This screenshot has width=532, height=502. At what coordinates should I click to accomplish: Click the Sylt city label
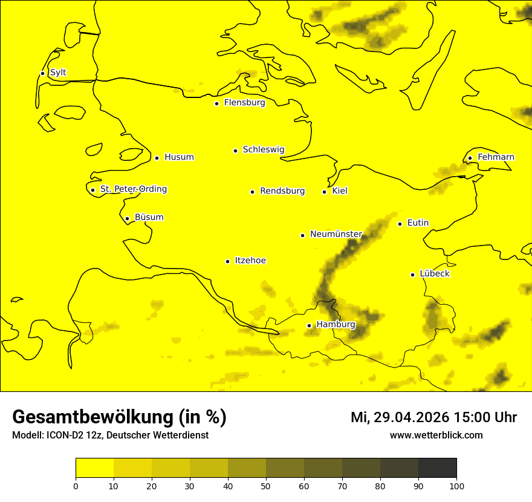[x=58, y=73]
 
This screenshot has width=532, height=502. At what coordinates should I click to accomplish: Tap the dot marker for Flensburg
[x=216, y=103]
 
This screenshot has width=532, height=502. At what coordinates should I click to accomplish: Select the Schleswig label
[x=263, y=149]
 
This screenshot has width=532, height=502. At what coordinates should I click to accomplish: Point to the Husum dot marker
[x=157, y=158]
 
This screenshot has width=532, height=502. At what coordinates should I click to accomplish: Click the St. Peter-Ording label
[x=133, y=189]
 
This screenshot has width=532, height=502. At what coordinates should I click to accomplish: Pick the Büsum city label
[x=149, y=217]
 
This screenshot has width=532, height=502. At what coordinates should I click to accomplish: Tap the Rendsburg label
[x=282, y=191]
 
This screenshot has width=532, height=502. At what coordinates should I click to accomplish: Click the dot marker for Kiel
[x=324, y=192]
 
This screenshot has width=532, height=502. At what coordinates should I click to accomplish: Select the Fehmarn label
[x=496, y=157]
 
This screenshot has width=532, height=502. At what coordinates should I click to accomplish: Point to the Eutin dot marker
[x=400, y=224]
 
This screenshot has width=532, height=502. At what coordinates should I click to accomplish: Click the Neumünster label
[x=336, y=234]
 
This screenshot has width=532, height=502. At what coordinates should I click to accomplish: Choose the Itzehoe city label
[x=250, y=261]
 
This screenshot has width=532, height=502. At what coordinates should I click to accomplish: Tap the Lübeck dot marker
[x=413, y=275]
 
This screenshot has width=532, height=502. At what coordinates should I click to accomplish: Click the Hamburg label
[x=336, y=325]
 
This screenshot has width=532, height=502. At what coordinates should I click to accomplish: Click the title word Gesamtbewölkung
[x=94, y=417]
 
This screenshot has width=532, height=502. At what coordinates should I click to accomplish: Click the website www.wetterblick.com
[x=436, y=435]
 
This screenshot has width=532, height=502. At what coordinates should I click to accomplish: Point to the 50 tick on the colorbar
[x=266, y=486]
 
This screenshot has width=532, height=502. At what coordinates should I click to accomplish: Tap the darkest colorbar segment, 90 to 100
[x=437, y=468]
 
